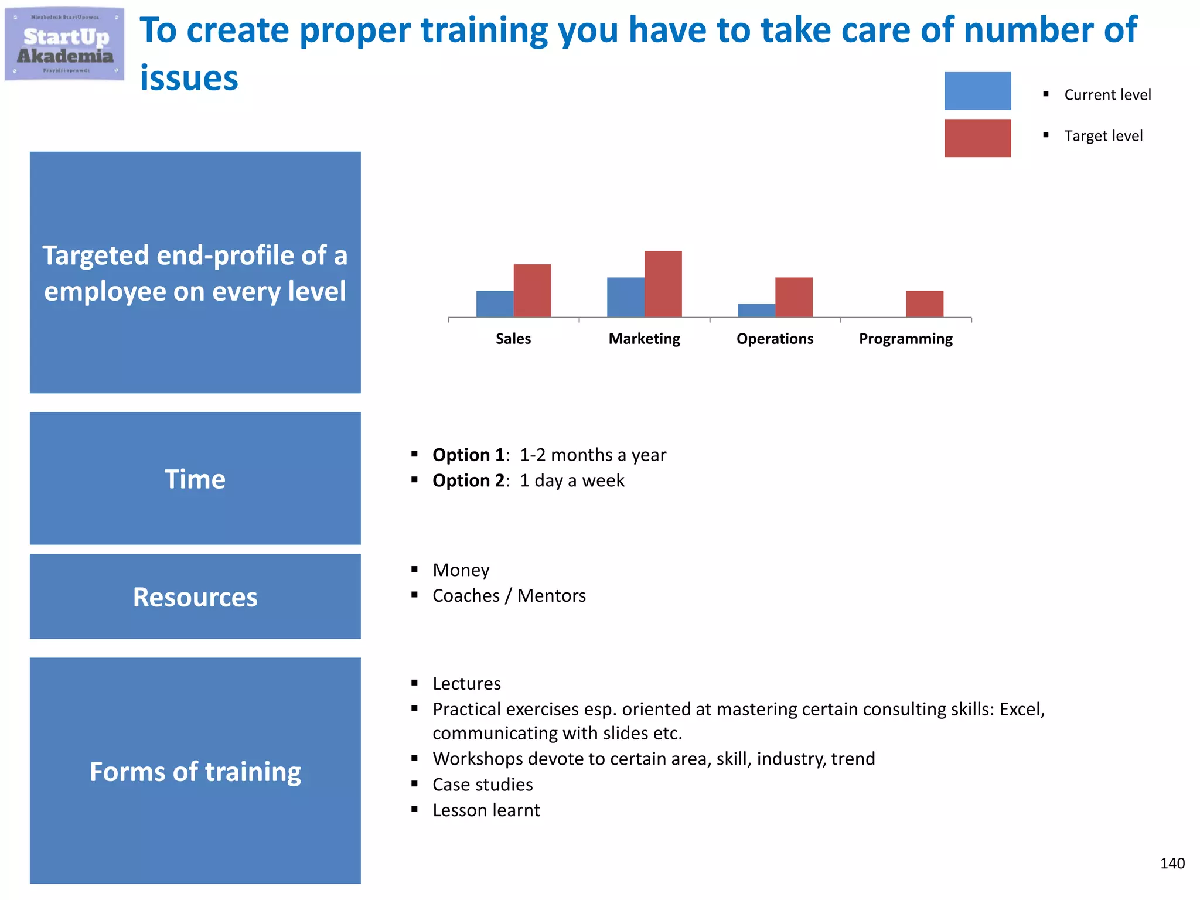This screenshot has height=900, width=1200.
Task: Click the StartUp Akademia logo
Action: click(x=64, y=44)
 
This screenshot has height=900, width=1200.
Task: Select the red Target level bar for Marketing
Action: click(x=663, y=284)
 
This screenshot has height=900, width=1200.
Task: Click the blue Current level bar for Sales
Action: click(x=495, y=304)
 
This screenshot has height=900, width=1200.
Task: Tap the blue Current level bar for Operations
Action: click(x=756, y=311)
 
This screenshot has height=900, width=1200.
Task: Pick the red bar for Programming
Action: click(x=924, y=304)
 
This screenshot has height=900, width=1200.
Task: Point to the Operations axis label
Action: click(x=775, y=339)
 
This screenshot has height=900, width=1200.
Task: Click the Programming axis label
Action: click(x=905, y=339)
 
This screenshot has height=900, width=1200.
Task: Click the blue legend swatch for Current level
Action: click(x=977, y=91)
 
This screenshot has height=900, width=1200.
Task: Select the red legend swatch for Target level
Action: click(x=977, y=138)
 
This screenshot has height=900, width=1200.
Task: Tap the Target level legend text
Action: click(x=1103, y=136)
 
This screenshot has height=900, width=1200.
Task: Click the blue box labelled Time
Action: click(x=195, y=478)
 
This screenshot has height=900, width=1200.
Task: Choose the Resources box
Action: click(x=195, y=596)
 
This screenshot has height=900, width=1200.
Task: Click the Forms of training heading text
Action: click(x=195, y=771)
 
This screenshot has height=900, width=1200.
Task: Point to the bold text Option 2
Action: click(x=469, y=480)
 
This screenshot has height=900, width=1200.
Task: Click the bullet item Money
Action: click(x=461, y=570)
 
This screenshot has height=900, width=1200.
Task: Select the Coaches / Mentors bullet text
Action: click(x=509, y=596)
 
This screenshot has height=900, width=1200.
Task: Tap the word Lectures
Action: click(x=466, y=684)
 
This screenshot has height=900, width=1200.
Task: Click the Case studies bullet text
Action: click(x=482, y=785)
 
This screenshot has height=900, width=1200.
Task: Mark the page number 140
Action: click(x=1172, y=863)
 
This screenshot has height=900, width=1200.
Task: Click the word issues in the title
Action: click(x=189, y=78)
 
